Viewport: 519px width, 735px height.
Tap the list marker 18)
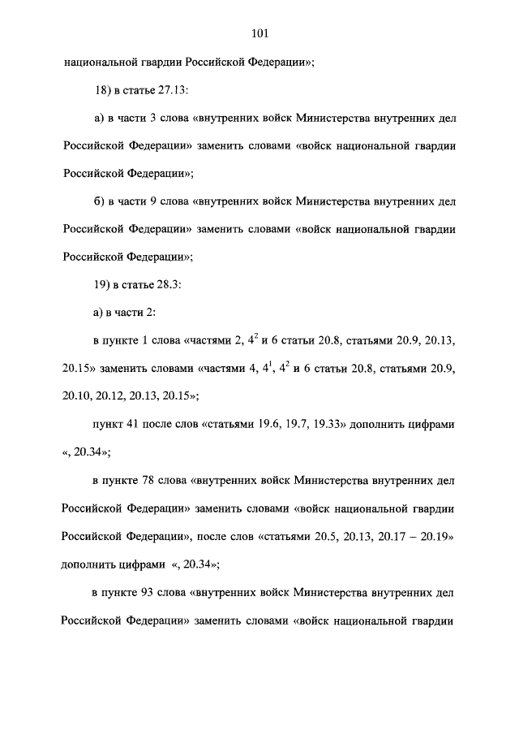[102, 89]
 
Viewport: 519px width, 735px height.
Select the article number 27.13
[173, 89]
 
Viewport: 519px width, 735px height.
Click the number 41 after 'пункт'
[135, 425]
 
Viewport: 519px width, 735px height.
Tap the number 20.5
[327, 536]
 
